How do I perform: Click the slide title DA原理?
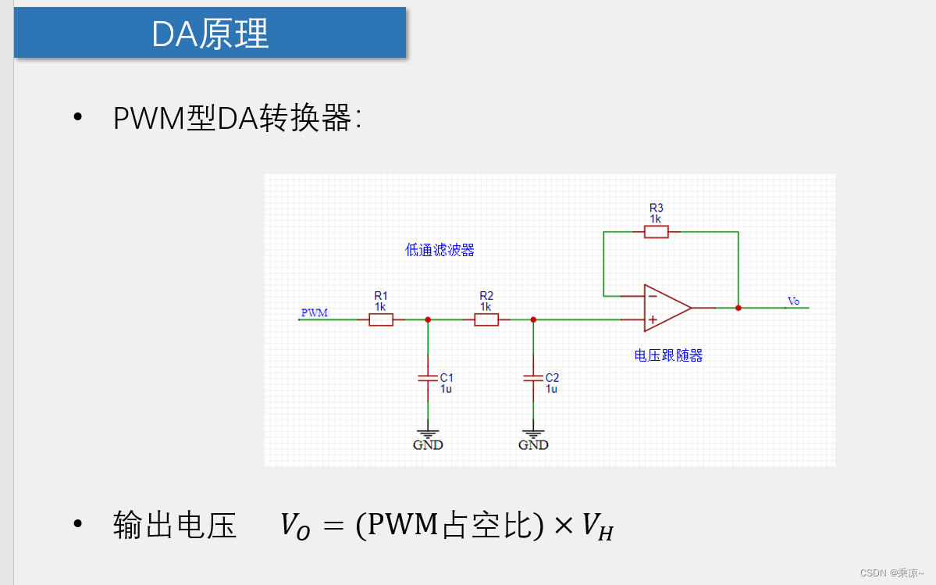[x=210, y=34]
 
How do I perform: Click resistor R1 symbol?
[x=381, y=319]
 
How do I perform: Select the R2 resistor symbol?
[x=486, y=319]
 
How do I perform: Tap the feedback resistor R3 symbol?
[x=657, y=231]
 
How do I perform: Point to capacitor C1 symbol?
[x=428, y=378]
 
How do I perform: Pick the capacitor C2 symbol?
[x=533, y=378]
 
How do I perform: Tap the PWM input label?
[x=315, y=313]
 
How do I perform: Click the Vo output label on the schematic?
[x=793, y=301]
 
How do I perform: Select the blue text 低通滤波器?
[x=440, y=250]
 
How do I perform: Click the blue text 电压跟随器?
[x=668, y=355]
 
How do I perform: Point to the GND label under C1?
[x=428, y=445]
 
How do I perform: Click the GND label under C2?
[x=533, y=445]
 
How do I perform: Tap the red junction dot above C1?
[x=428, y=319]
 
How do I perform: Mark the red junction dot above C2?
[x=533, y=319]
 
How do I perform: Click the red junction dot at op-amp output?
[x=738, y=308]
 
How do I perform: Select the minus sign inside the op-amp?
[x=652, y=296]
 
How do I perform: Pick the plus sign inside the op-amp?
[x=652, y=319]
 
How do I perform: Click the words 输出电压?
[x=174, y=526]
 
